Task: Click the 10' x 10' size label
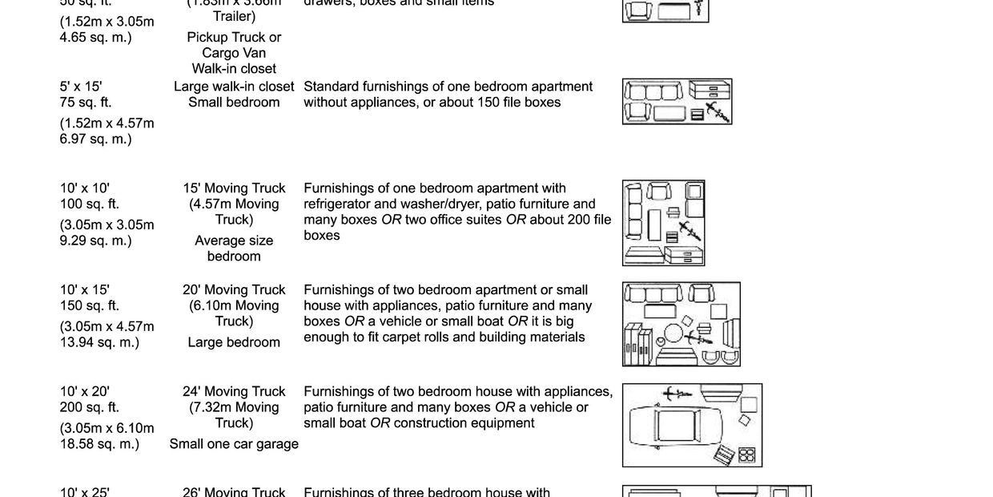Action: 85,188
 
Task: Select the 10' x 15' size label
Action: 85,290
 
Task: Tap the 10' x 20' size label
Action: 85,392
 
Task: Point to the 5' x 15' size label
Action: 81,87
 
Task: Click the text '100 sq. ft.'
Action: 90,204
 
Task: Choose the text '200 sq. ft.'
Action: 90,407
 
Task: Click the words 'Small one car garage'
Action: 234,444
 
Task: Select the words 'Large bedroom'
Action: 234,342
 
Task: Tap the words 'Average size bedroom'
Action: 234,248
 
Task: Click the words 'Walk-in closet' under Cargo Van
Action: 234,69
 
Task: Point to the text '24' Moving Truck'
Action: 234,392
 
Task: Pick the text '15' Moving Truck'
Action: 234,188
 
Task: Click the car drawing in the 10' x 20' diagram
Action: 677,426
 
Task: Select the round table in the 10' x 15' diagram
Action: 674,333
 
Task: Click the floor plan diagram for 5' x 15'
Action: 677,102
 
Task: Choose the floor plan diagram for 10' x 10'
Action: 663,223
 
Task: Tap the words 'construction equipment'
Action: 464,423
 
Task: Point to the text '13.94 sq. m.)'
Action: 99,342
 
